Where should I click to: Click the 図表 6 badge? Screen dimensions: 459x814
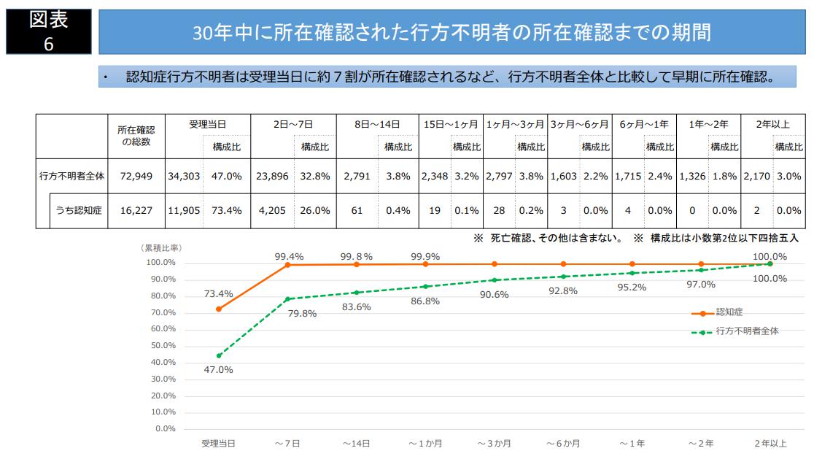pyautogui.click(x=49, y=31)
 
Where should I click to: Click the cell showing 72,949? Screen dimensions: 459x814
pyautogui.click(x=137, y=176)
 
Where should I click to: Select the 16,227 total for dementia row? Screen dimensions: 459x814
pyautogui.click(x=137, y=211)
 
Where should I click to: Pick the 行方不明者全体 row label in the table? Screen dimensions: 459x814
pyautogui.click(x=71, y=176)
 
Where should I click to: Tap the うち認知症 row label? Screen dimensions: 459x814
pyautogui.click(x=79, y=211)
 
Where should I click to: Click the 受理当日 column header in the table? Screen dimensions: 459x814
pyautogui.click(x=208, y=125)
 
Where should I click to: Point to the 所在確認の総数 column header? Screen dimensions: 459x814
pyautogui.click(x=136, y=136)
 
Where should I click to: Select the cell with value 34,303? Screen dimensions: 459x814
pyautogui.click(x=184, y=176)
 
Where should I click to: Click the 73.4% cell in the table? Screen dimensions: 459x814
pyautogui.click(x=226, y=211)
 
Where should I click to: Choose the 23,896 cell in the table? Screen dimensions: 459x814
pyautogui.click(x=274, y=176)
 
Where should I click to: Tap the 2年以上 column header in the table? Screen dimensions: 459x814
pyautogui.click(x=772, y=125)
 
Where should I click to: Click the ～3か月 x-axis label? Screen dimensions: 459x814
pyautogui.click(x=495, y=444)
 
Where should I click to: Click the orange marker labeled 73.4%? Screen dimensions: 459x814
pyautogui.click(x=219, y=309)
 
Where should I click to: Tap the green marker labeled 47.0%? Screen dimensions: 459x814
pyautogui.click(x=219, y=356)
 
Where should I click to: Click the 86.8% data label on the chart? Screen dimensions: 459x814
pyautogui.click(x=426, y=301)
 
